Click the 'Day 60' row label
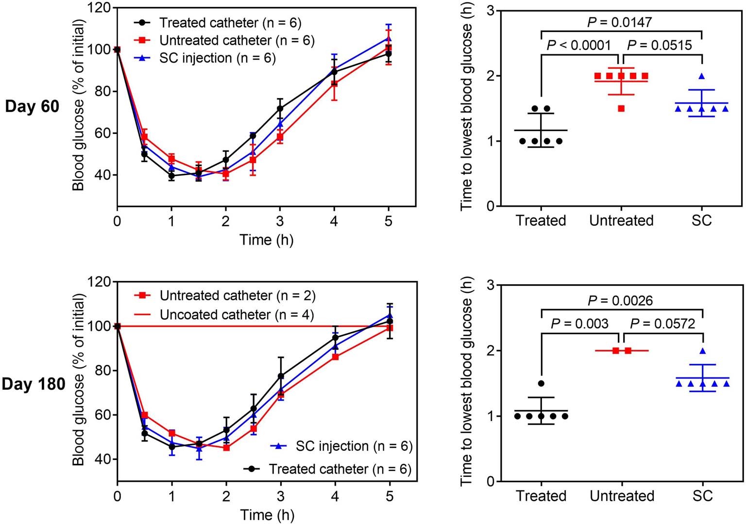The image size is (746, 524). click(32, 106)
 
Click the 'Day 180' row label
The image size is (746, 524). click(33, 384)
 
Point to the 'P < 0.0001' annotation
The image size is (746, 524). click(578, 46)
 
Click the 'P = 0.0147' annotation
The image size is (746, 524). click(619, 22)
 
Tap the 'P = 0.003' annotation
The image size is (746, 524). click(579, 324)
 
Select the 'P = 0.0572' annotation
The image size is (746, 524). click(662, 324)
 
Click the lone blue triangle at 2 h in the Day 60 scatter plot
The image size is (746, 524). click(702, 76)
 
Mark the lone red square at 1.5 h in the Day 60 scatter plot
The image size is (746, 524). click(621, 109)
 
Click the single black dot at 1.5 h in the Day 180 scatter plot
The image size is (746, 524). click(541, 383)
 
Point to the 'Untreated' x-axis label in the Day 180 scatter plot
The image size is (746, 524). click(621, 496)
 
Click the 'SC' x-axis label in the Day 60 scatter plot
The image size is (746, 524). click(702, 221)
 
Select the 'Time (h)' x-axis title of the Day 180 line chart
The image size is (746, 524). click(267, 515)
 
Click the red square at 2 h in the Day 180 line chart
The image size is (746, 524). click(226, 448)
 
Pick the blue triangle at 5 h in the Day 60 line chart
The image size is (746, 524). click(388, 39)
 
